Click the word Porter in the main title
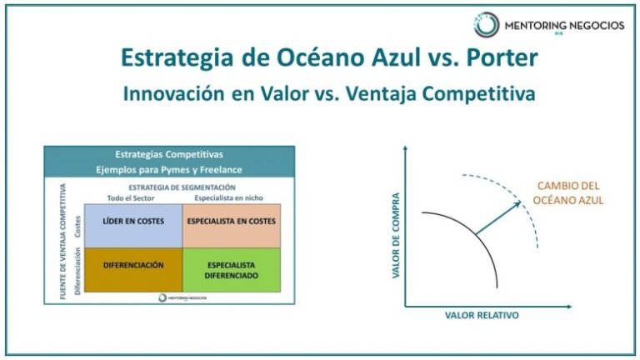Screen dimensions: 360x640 [489, 57]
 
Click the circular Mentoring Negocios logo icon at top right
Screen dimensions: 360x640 [486, 25]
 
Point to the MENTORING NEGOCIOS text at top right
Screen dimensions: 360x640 [564, 25]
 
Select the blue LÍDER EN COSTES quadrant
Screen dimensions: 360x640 [133, 221]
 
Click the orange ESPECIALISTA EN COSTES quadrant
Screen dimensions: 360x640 [231, 221]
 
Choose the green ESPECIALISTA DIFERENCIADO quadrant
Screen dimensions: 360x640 [231, 269]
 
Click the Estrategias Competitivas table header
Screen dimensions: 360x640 [169, 154]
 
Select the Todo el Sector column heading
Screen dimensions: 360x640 [132, 197]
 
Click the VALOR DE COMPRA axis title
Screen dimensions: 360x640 [396, 235]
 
